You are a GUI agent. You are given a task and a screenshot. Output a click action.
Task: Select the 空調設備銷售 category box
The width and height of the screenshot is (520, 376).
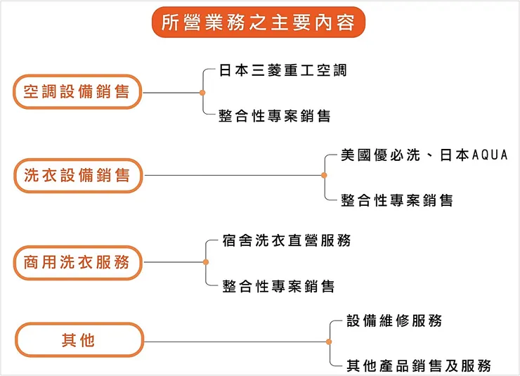coord(77,92)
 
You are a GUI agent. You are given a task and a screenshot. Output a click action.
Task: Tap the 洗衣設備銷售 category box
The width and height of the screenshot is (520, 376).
coord(77,176)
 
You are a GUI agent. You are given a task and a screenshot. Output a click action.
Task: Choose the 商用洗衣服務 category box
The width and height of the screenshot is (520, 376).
coord(77,263)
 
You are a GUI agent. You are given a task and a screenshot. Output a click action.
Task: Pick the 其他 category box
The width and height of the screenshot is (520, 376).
coord(77,341)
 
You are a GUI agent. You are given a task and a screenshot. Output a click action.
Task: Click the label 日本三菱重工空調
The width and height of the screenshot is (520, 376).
coord(282,71)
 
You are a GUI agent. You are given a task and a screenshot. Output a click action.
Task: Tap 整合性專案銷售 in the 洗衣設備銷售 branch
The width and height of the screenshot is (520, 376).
coord(397,200)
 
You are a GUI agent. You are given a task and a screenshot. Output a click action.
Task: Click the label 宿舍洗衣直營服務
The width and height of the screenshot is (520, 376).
coord(286,240)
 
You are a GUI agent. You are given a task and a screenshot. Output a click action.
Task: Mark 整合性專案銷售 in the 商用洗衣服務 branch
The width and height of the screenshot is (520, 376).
coord(278,286)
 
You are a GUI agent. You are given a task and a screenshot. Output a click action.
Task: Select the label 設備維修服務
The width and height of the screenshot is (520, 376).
coord(394,321)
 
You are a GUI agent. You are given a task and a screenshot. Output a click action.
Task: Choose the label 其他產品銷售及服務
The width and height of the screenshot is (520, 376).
coord(418,365)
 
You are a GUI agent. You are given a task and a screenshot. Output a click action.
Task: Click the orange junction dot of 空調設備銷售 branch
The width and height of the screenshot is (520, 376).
coord(202,93)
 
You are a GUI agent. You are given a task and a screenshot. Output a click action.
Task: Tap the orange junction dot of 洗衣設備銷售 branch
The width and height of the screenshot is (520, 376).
coord(324,176)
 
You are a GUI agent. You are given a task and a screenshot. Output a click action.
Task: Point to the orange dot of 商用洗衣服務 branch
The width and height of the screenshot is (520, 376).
coord(205,262)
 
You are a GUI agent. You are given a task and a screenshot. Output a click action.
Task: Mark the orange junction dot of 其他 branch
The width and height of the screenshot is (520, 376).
coord(329,342)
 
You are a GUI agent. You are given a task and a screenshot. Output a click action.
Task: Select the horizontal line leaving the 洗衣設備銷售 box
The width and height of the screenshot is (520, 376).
coord(232,176)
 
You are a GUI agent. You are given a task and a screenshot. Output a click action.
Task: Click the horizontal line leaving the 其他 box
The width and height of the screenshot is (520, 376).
coord(235,342)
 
